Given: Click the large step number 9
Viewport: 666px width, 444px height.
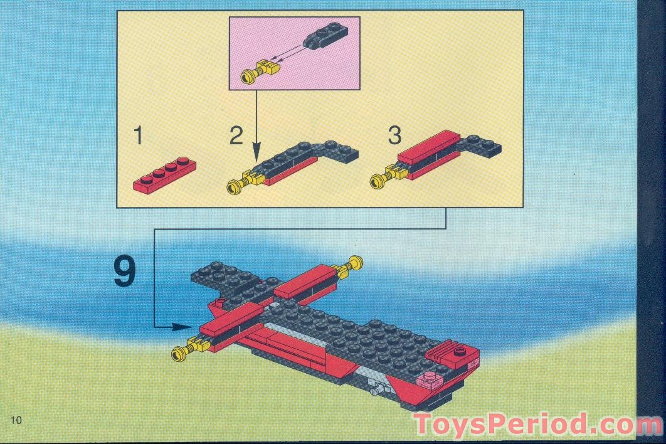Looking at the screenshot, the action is click(x=125, y=272).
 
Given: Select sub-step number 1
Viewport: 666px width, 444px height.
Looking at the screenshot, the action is click(x=138, y=136).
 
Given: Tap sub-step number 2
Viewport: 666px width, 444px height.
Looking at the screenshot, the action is click(x=236, y=136).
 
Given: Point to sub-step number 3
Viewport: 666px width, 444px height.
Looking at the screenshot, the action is click(x=394, y=136).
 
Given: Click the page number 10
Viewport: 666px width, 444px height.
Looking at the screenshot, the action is click(x=16, y=420).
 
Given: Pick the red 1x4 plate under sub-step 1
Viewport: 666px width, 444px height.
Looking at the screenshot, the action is click(x=165, y=174).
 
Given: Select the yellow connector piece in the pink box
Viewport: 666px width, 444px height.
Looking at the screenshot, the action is click(x=259, y=71).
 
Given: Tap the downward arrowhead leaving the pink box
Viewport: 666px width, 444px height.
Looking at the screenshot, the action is click(x=256, y=152).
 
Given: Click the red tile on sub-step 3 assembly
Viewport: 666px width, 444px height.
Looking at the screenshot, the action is click(x=428, y=147).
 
